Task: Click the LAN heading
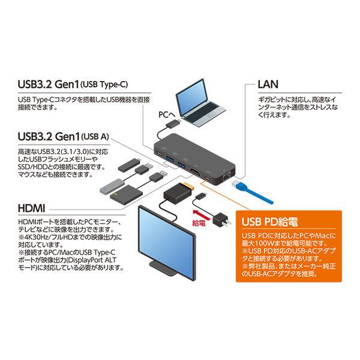(268, 85)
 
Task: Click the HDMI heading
(31, 208)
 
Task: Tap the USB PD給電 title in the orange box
(269, 221)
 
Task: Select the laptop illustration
(200, 103)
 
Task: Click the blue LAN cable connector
(238, 184)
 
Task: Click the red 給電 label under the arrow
(199, 223)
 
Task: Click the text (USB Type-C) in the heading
(104, 85)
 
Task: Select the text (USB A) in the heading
(95, 137)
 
